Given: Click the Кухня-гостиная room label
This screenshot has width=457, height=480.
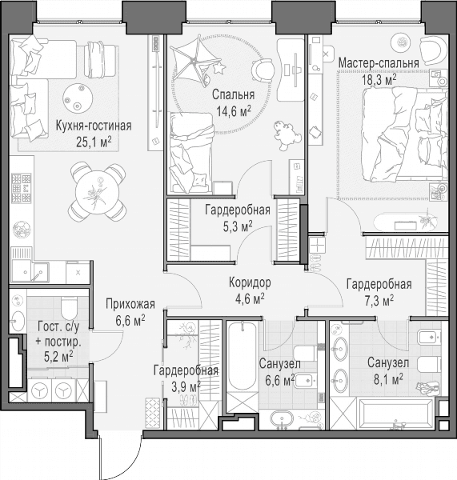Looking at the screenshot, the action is [94, 126].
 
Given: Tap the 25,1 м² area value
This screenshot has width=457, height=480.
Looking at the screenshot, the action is [94, 142].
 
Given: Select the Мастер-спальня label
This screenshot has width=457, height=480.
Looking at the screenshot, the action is [379, 63].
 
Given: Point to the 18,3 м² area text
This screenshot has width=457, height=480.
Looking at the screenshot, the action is [379, 79].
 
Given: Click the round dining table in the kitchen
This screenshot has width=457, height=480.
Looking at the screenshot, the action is [97, 192].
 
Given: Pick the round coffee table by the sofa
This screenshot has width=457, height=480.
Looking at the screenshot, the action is [78, 98].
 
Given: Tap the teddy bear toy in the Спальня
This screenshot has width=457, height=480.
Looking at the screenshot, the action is [286, 135].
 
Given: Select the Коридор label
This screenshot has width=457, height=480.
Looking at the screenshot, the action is [250, 282].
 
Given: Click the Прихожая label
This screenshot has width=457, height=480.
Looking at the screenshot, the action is [130, 304].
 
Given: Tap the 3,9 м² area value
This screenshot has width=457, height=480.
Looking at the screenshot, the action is [186, 386].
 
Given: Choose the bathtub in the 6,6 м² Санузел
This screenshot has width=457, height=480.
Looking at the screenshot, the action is [243, 355].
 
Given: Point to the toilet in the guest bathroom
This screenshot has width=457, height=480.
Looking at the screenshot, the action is [69, 307].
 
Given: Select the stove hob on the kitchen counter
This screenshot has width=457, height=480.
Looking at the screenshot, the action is [21, 188].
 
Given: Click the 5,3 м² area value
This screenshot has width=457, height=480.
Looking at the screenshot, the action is [238, 226].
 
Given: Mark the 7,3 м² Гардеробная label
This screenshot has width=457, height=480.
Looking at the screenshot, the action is [379, 284].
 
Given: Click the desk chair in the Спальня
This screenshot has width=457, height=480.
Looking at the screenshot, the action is [263, 70].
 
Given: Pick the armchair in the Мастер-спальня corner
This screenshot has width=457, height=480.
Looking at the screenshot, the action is [432, 50].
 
